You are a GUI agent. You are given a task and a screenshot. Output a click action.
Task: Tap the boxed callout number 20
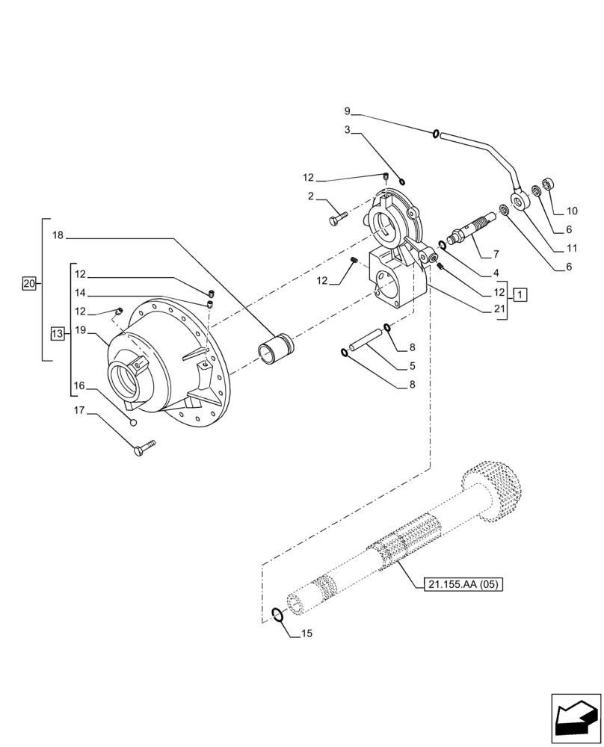(29, 283)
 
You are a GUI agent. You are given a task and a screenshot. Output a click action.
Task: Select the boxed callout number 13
(58, 334)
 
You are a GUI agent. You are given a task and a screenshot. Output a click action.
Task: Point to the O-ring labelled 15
(277, 614)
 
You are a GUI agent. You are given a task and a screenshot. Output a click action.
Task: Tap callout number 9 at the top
(347, 111)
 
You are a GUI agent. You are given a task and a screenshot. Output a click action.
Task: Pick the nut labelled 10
(549, 184)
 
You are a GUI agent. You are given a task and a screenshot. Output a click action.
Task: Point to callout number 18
(58, 235)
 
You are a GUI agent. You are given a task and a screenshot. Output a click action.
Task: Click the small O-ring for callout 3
(402, 180)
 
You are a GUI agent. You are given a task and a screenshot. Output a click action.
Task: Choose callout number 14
(79, 293)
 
